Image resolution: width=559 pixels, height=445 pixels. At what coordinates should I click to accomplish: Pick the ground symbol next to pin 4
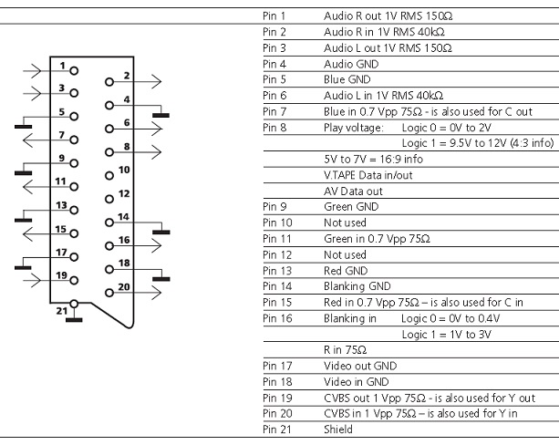160,112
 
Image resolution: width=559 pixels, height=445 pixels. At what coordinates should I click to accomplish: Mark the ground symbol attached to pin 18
160,275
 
